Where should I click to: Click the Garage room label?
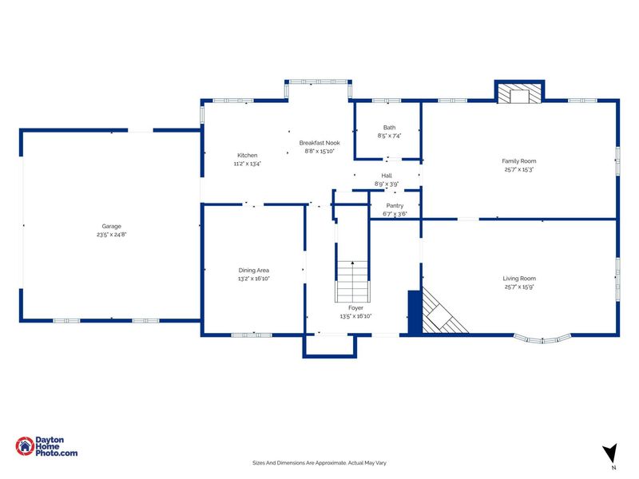(x=112, y=226)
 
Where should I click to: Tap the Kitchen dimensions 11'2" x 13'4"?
(x=248, y=164)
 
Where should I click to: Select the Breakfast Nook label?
(x=319, y=143)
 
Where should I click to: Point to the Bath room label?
(x=389, y=128)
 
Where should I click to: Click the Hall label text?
(x=387, y=176)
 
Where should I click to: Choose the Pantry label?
(x=395, y=206)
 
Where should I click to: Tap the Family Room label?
(x=518, y=161)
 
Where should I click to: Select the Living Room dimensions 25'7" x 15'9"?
(x=518, y=287)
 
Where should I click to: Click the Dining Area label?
(x=253, y=270)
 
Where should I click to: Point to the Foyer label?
(x=355, y=308)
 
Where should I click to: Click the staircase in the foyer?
(x=352, y=282)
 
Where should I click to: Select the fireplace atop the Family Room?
(x=520, y=92)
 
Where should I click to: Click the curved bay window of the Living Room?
(x=542, y=338)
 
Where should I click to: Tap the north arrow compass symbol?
(x=610, y=453)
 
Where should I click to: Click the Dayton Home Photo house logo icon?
(x=25, y=446)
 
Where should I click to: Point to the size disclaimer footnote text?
(x=319, y=463)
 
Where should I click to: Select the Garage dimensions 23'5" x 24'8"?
(x=112, y=235)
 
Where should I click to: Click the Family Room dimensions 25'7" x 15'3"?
(x=518, y=169)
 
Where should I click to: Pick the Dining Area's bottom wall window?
(x=252, y=335)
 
